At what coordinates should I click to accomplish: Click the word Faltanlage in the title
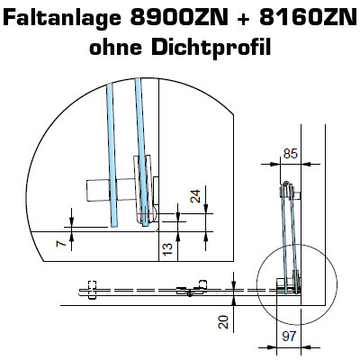pos(63,18)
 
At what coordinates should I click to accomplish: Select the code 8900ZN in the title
pos(179,18)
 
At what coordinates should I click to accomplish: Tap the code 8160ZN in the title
pos(308,18)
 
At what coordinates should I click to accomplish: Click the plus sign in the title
pos(244,19)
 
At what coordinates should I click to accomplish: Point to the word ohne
pos(116,47)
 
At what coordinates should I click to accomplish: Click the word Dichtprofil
pos(211,48)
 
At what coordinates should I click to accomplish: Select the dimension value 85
pos(290,154)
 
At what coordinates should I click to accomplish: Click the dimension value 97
pos(289,337)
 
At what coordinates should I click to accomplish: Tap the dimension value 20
pos(224,321)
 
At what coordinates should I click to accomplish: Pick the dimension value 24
pos(195,196)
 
